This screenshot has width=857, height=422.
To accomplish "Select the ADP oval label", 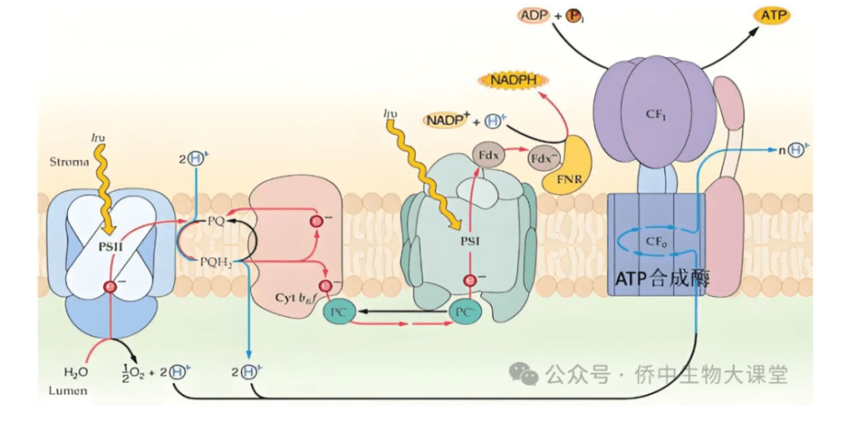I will [534, 15].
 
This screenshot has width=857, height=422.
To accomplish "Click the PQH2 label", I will [215, 263].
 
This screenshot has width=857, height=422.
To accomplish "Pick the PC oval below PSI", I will [467, 312].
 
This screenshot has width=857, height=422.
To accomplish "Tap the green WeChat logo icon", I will [525, 374].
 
